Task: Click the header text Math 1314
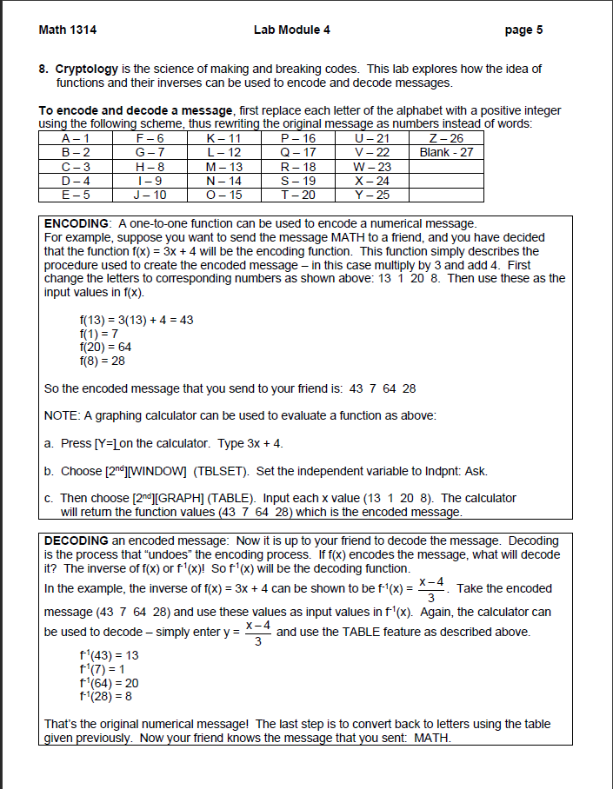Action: (x=68, y=30)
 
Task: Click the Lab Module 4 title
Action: (x=291, y=30)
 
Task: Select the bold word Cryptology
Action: (x=85, y=69)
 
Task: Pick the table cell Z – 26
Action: (x=446, y=138)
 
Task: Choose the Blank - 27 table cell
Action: (x=446, y=152)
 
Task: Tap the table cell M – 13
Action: (x=223, y=166)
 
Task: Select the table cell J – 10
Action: (x=149, y=194)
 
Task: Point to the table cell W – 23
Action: (x=372, y=166)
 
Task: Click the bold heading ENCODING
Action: (x=76, y=223)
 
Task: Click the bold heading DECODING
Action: (x=76, y=540)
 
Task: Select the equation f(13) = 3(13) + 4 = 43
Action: (x=137, y=320)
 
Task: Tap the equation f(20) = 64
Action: (x=105, y=347)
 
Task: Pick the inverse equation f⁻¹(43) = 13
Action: (x=109, y=654)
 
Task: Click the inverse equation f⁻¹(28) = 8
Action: (x=106, y=695)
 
